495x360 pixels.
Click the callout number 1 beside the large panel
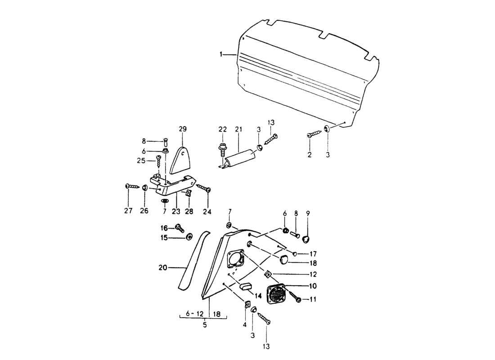coord(221,54)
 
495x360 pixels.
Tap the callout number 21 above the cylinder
coord(238,130)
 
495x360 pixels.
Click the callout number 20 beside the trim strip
coord(162,268)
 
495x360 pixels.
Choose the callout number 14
coord(258,296)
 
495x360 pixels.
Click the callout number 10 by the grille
coord(312,286)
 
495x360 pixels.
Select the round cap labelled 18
coord(284,259)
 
